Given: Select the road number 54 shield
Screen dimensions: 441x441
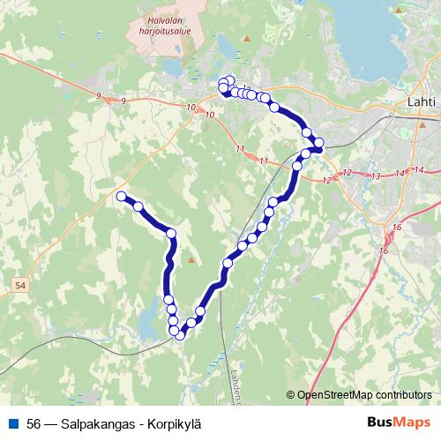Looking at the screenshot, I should tap(20, 286).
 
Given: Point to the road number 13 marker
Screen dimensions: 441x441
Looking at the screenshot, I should tap(376, 176).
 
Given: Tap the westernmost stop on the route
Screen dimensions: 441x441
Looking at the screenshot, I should tap(121, 196).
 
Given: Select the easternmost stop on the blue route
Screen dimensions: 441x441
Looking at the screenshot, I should tap(318, 143).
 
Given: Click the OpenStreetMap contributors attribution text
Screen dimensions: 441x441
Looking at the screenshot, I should tap(363, 395).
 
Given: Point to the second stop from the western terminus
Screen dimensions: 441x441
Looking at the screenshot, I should tap(138, 206).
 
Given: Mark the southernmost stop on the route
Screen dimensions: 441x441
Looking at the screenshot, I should tap(180, 333).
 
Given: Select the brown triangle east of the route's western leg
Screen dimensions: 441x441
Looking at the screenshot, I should tap(191, 261).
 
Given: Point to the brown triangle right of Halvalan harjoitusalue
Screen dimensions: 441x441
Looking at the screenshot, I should tap(247, 39).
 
